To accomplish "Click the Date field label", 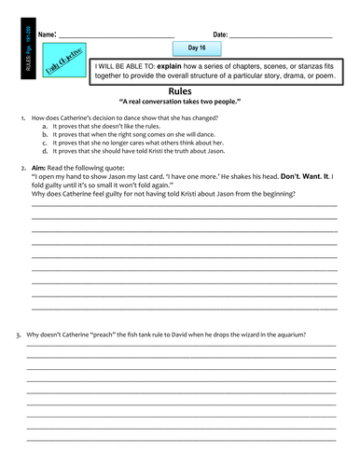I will coord(220,34).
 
